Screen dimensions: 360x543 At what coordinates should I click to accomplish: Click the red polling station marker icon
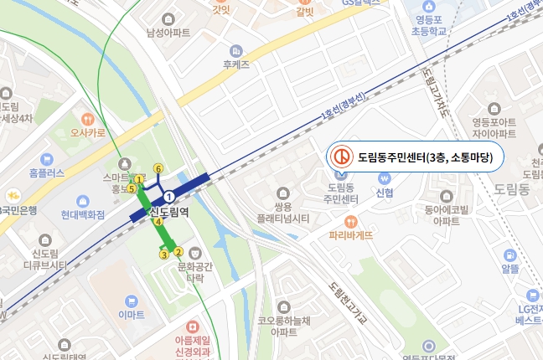(x=341, y=157)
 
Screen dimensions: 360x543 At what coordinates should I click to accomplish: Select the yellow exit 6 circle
(x=158, y=169)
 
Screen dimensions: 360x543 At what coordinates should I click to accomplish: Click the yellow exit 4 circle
(x=158, y=222)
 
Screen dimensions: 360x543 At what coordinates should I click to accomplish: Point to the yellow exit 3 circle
(x=164, y=254)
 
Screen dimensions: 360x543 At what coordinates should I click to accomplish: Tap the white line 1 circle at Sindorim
(x=169, y=195)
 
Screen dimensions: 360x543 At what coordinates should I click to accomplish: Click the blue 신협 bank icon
(x=385, y=178)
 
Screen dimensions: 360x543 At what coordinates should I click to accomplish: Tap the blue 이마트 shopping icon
(x=130, y=301)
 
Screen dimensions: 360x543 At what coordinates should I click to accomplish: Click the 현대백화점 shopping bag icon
(x=83, y=201)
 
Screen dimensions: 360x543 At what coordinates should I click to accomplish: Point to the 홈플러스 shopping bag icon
(x=46, y=159)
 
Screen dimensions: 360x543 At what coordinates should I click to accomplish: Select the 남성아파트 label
(x=168, y=33)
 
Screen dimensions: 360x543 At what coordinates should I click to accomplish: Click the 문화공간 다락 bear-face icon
(x=195, y=252)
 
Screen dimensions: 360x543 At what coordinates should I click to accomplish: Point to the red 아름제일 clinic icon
(x=194, y=327)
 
